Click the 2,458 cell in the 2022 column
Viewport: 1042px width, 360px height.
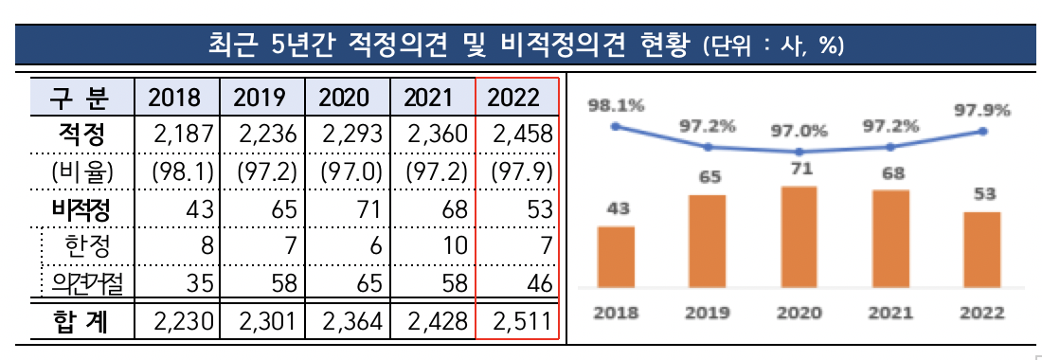(518, 135)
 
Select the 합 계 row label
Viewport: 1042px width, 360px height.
(79, 322)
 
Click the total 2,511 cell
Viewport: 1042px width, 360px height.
(518, 322)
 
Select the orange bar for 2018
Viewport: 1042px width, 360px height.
(616, 255)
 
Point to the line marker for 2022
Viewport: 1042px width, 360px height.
(983, 132)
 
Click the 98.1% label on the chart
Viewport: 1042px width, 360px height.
(616, 106)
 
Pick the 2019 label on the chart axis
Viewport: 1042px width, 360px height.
(708, 312)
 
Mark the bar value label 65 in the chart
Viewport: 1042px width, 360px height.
(708, 175)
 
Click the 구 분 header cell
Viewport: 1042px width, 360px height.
(79, 97)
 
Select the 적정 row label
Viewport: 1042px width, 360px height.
(79, 135)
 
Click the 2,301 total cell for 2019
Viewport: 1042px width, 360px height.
(262, 322)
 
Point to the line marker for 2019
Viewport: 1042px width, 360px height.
(708, 147)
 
